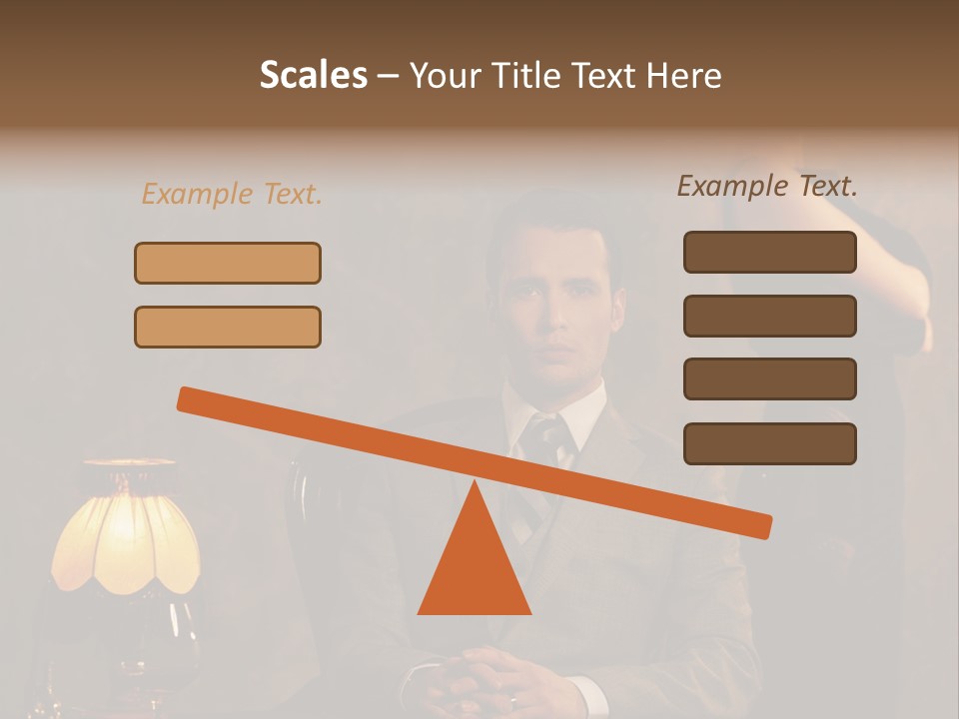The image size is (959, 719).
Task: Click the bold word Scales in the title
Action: [x=313, y=75]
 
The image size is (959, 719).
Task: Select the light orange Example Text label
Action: [x=232, y=194]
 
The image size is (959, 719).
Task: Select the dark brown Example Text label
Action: [x=767, y=186]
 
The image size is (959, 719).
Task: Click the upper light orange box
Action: [x=228, y=263]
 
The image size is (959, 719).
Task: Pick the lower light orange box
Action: [x=228, y=327]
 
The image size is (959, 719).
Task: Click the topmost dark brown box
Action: [x=769, y=252]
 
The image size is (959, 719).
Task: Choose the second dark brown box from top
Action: [x=769, y=316]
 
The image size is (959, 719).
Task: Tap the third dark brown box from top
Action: [x=769, y=379]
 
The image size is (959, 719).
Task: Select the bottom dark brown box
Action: [x=769, y=443]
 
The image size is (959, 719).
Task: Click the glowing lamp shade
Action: [x=125, y=529]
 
